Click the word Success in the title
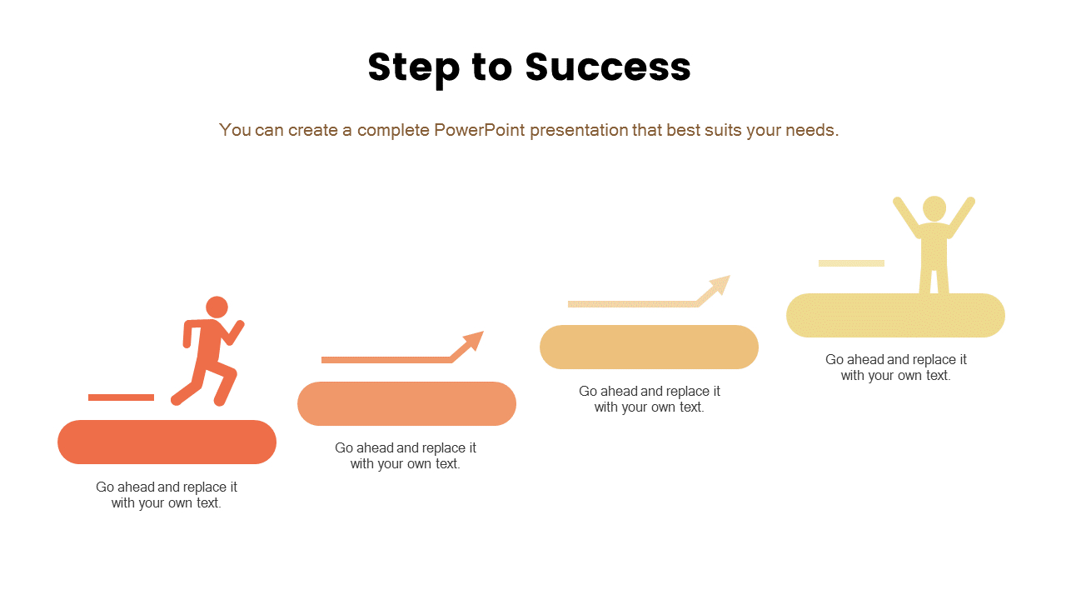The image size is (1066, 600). (608, 67)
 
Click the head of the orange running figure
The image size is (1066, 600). (217, 307)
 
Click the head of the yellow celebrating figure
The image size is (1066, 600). (934, 208)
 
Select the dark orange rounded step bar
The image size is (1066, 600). (167, 442)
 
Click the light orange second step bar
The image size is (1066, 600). (406, 403)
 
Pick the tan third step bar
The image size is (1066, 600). (649, 347)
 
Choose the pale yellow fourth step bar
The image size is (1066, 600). (895, 316)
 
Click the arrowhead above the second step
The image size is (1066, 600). (472, 342)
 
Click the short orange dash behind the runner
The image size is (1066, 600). (121, 397)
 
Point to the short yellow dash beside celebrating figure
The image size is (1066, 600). (851, 263)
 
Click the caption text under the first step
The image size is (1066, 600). (167, 495)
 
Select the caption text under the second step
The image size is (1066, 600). (406, 456)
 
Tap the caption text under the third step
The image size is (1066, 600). (650, 399)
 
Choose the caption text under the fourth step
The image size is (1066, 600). (896, 367)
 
